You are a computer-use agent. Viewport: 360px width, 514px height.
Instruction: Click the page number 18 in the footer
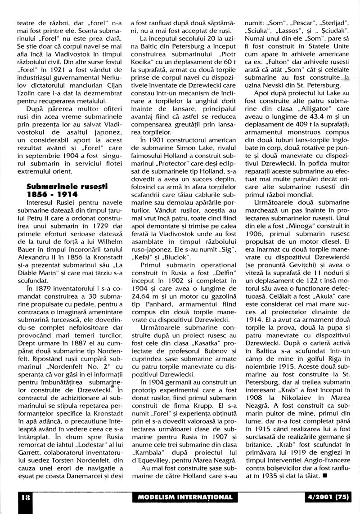(13, 497)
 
